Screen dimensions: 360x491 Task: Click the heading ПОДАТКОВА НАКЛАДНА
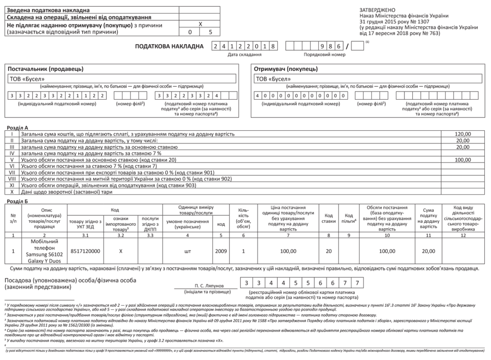pyautogui.click(x=170, y=46)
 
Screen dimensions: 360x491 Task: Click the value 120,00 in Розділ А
pyautogui.click(x=463, y=134)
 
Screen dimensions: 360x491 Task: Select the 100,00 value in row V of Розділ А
pyautogui.click(x=463, y=160)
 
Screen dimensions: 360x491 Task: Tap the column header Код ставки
pyautogui.click(x=329, y=219)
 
